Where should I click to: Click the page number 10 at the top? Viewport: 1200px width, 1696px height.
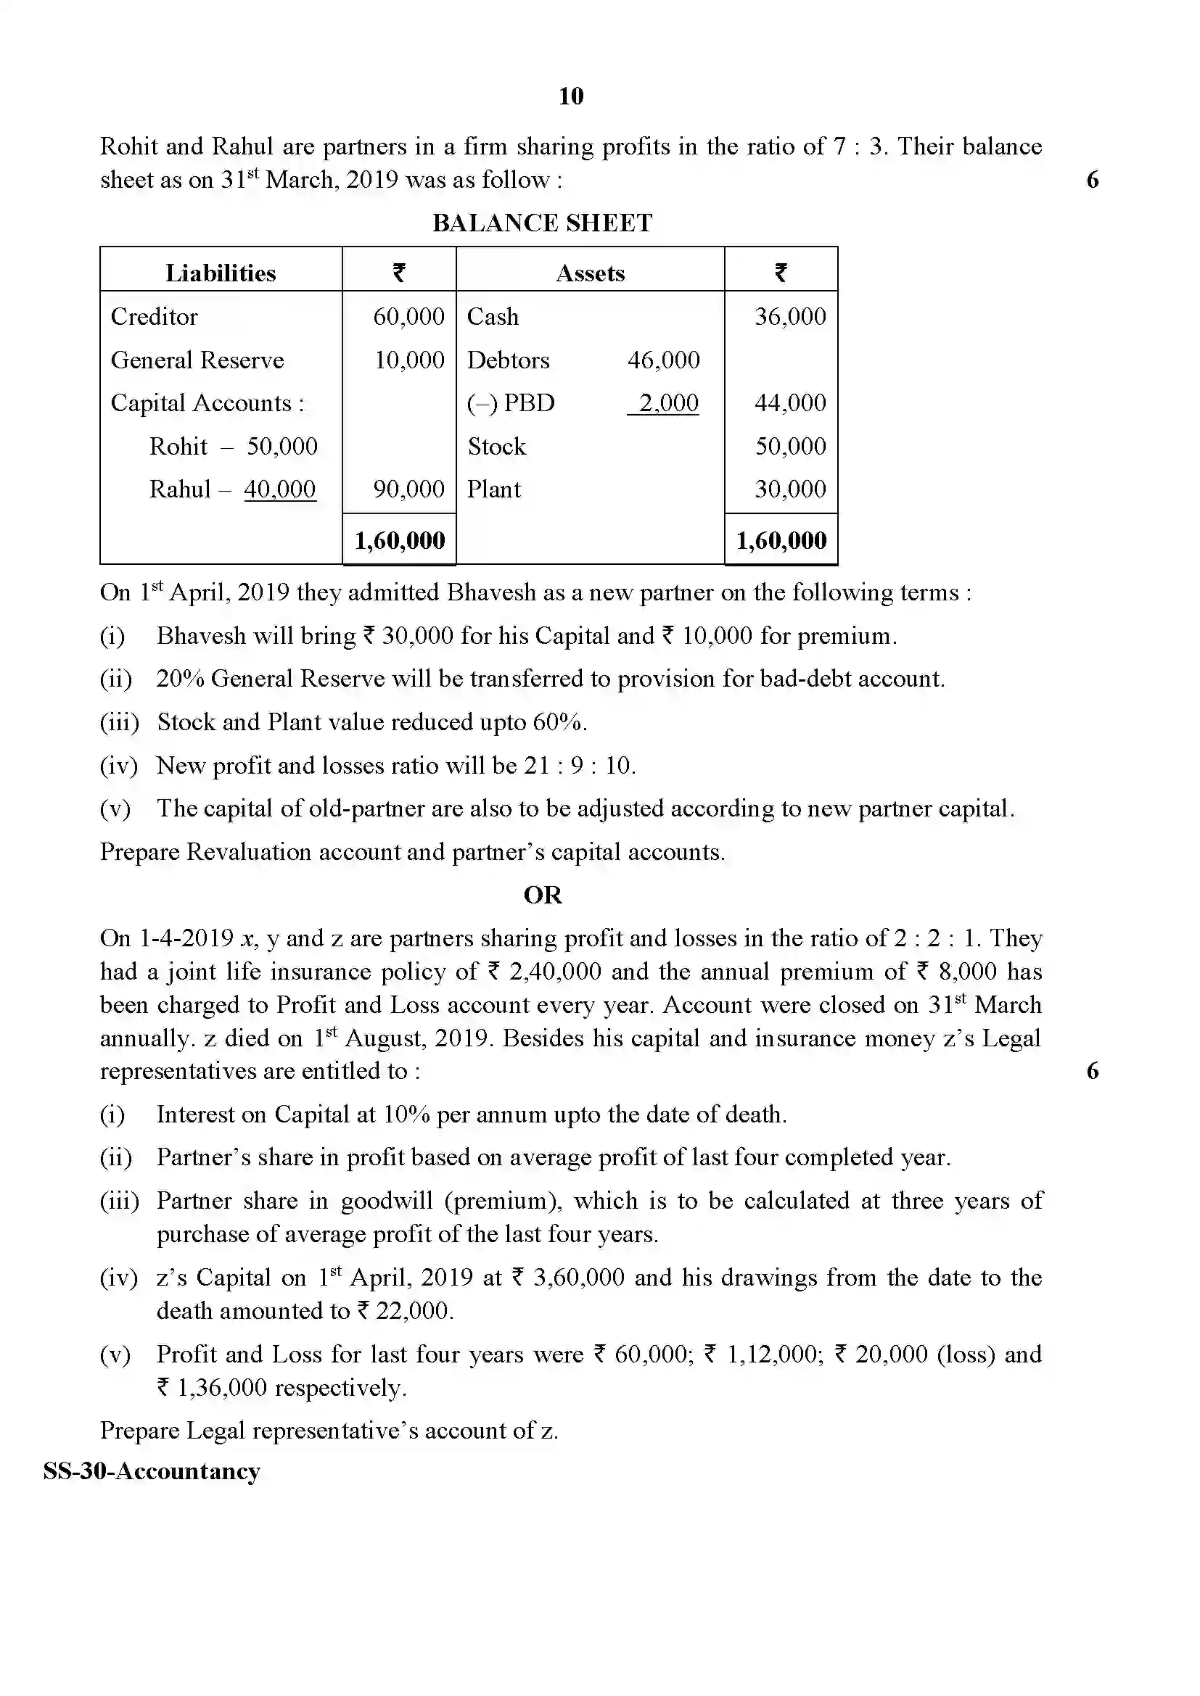(570, 96)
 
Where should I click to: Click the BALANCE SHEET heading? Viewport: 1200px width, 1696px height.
(542, 223)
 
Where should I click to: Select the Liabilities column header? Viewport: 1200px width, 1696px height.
(221, 273)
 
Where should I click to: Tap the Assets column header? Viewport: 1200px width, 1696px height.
(590, 273)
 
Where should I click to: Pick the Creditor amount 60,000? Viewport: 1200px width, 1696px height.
(408, 317)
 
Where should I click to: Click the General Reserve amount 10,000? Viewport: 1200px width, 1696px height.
(408, 360)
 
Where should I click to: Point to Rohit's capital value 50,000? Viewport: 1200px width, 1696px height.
(281, 446)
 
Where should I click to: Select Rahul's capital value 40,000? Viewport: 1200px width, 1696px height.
(280, 489)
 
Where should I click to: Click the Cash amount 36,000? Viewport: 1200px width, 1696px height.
(790, 317)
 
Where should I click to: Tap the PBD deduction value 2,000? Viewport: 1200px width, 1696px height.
(668, 403)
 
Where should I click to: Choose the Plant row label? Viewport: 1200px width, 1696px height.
(493, 489)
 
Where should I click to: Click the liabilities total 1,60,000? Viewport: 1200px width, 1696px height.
(400, 541)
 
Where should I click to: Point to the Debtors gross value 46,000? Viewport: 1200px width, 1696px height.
(663, 360)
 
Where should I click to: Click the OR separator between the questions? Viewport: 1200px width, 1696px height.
(543, 895)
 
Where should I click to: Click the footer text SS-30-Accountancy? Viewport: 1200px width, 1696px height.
(152, 1471)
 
